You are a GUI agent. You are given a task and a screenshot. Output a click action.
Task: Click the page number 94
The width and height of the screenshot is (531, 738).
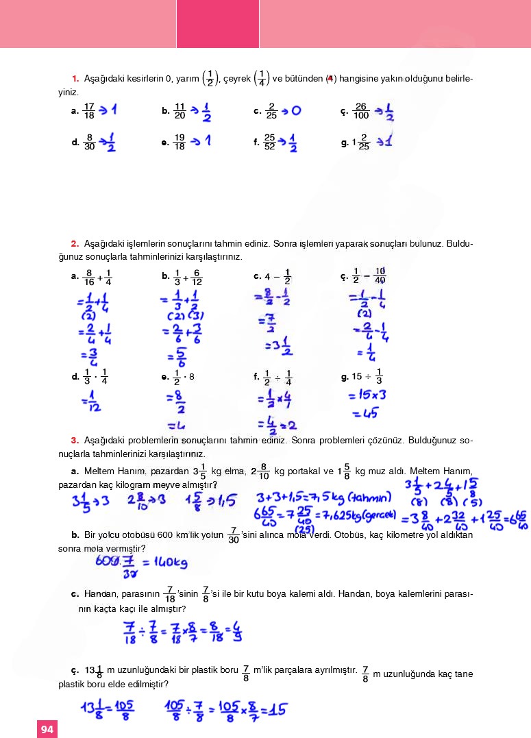(x=47, y=729)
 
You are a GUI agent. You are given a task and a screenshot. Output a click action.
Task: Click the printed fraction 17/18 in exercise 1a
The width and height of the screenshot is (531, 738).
(x=88, y=110)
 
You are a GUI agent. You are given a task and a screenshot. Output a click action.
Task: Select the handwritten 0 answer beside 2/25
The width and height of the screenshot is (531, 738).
(x=296, y=110)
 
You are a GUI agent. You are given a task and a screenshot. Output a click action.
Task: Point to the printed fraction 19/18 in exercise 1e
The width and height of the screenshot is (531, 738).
(x=180, y=143)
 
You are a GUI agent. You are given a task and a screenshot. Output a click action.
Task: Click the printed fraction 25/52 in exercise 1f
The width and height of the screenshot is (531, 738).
(x=270, y=143)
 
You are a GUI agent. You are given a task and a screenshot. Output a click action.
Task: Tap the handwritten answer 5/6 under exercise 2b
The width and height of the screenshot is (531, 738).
(x=180, y=357)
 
